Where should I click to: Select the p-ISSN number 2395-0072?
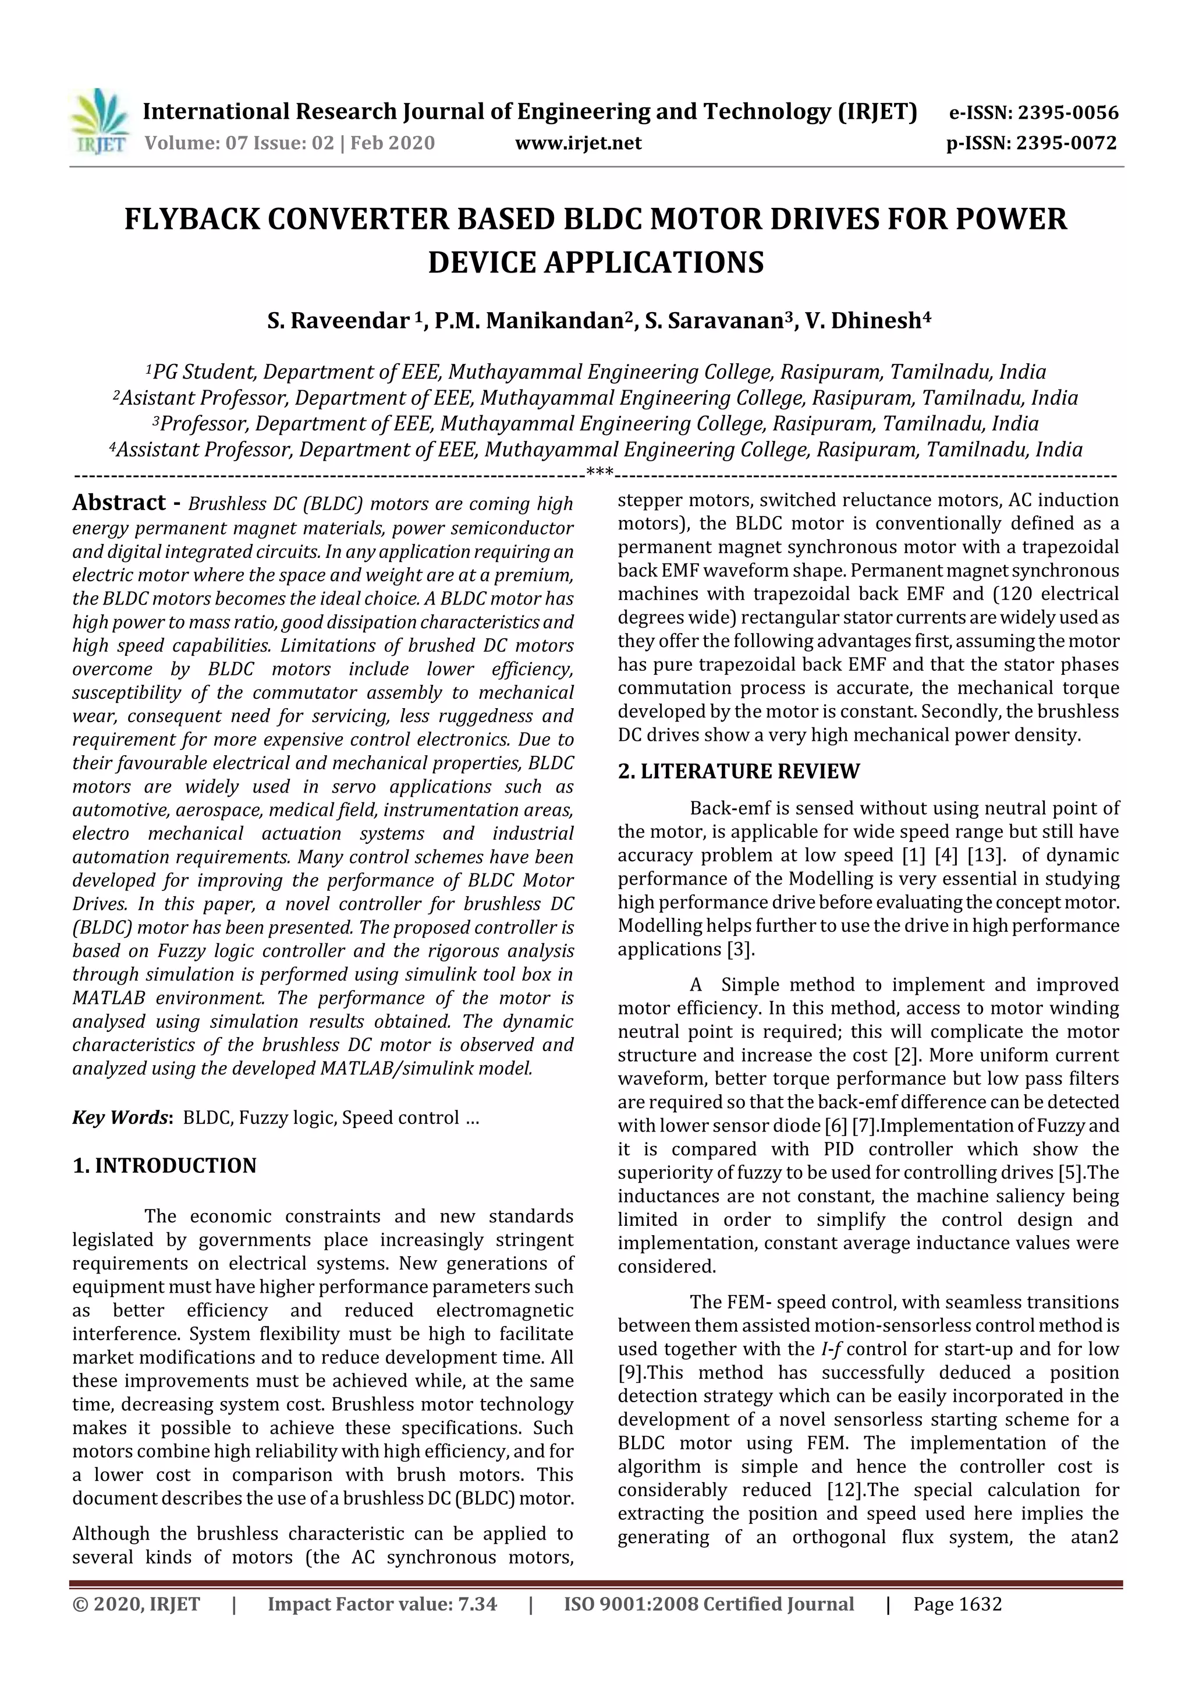click(x=1066, y=143)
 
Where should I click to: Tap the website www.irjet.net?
click(x=578, y=143)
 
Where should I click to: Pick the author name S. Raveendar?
click(x=339, y=321)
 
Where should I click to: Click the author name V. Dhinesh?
click(x=863, y=321)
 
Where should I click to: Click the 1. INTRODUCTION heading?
click(x=165, y=1166)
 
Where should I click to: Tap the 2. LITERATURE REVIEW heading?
click(x=738, y=772)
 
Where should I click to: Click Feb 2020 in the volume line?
click(x=393, y=143)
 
